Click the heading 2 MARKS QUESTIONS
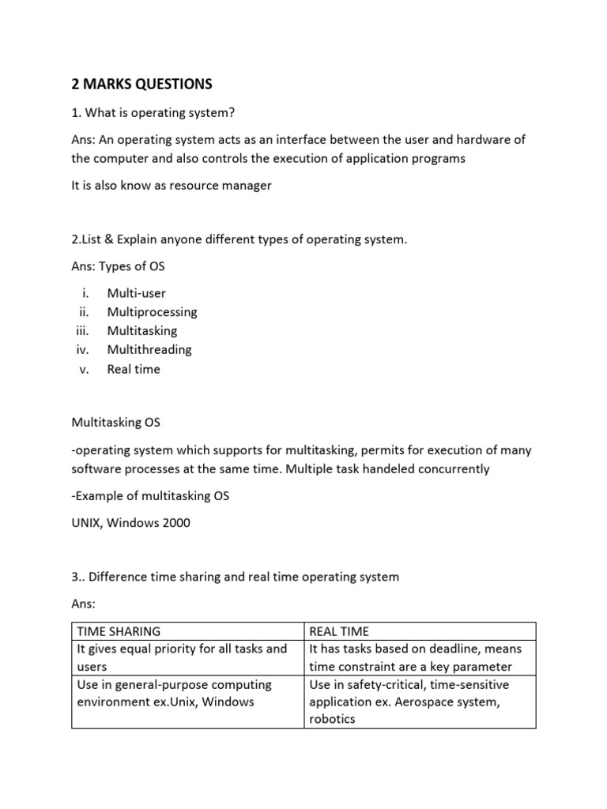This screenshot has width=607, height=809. [x=141, y=84]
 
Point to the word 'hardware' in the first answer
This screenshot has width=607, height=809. [x=472, y=139]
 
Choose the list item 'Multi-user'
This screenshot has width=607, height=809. [x=137, y=293]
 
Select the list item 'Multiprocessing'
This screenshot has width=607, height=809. [x=153, y=312]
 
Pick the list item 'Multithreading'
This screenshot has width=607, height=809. [x=149, y=349]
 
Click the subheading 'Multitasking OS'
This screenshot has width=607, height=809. [x=115, y=423]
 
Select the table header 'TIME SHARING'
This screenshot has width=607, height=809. [x=119, y=631]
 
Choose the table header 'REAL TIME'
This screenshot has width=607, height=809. [x=339, y=631]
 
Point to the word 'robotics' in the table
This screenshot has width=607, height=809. [x=333, y=719]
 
